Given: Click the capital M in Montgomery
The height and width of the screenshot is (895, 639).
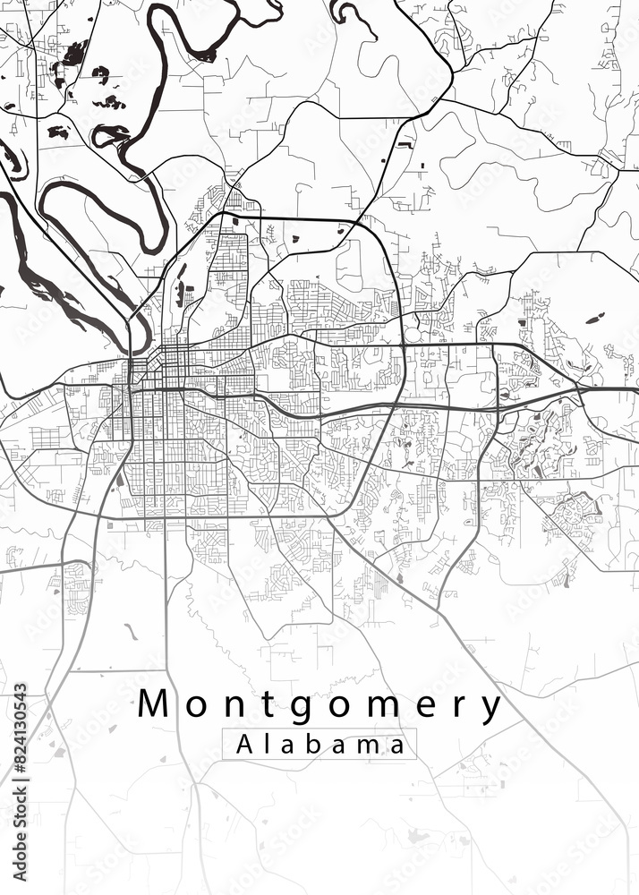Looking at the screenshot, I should pos(155,705).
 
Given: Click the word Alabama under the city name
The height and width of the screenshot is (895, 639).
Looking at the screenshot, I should pos(319,744).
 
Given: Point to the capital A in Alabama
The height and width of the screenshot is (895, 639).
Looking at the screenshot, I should pos(243,744).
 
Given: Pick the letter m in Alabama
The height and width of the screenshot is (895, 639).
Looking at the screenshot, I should pos(365,746).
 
